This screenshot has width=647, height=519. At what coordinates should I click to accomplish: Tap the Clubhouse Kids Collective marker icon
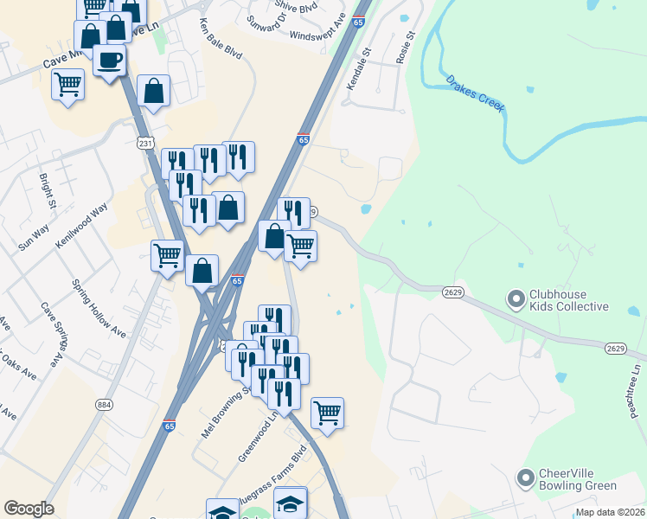pos(516,300)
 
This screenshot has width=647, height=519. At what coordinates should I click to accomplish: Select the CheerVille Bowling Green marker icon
pos(524,477)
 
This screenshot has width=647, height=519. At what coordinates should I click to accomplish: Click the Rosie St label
pos(405,47)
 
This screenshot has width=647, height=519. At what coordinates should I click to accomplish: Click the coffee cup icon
pos(110,60)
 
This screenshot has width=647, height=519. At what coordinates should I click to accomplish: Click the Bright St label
pos(47,193)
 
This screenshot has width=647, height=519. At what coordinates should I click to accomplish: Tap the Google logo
pos(29,509)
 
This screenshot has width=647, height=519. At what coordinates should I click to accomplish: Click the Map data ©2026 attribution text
pos(611,512)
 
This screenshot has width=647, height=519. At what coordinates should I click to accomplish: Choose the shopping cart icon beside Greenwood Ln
pos(327,413)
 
